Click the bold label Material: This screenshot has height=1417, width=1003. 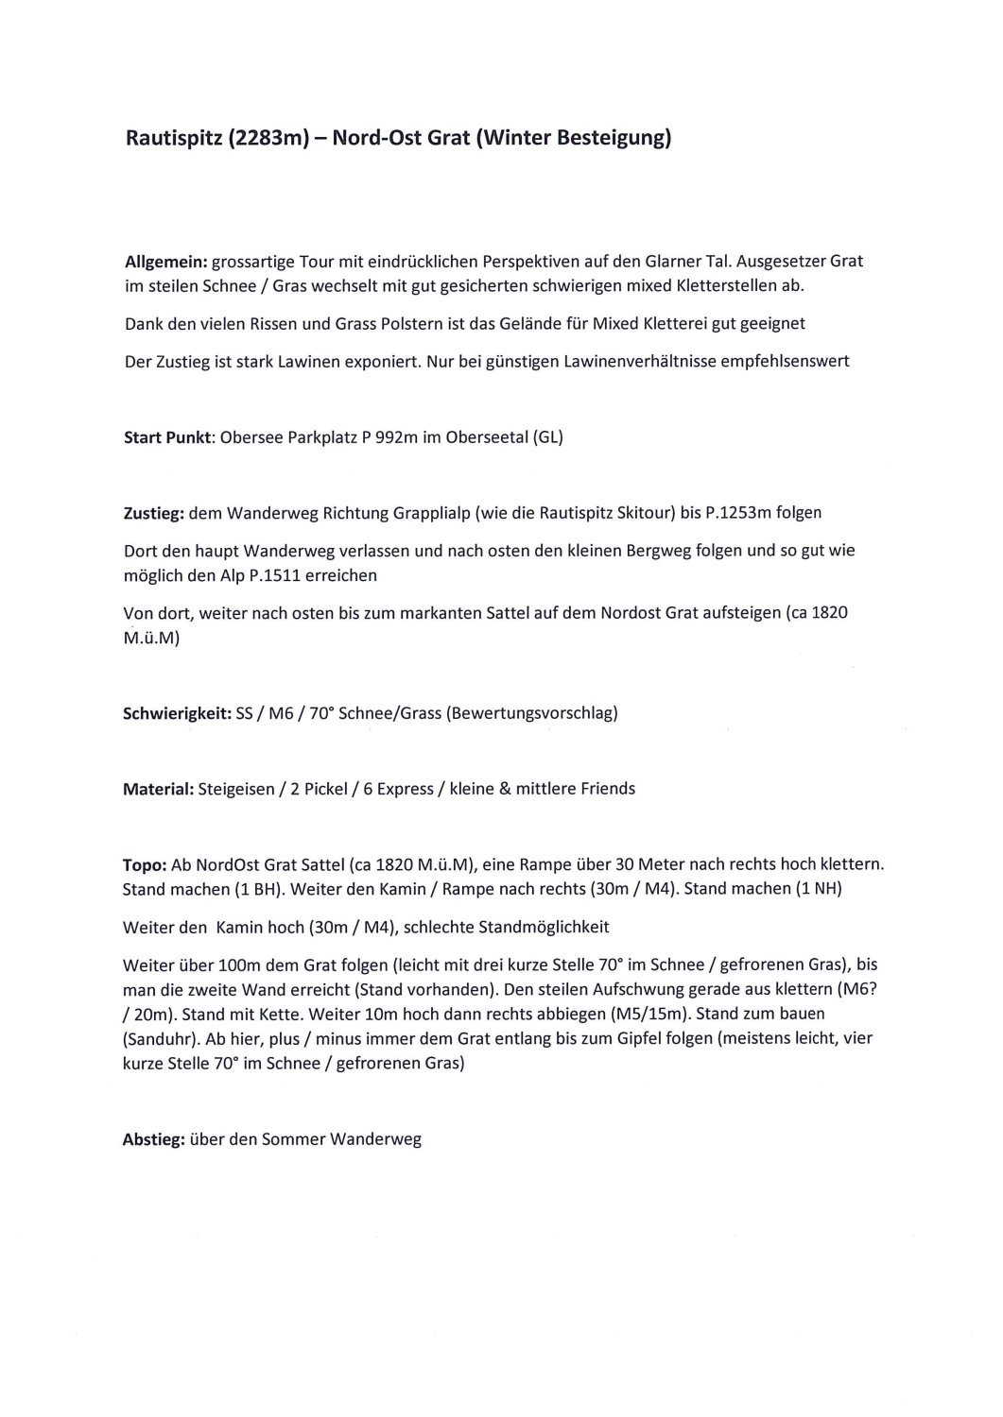pyautogui.click(x=158, y=788)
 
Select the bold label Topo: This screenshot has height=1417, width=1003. pyautogui.click(x=145, y=864)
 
